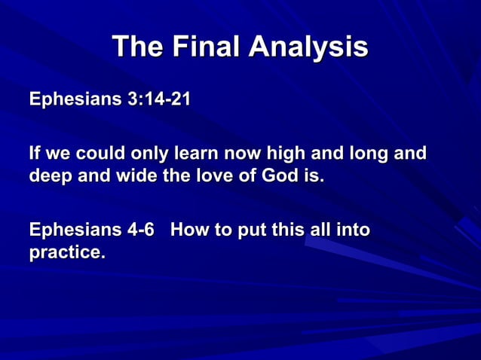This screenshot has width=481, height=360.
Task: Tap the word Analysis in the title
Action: coord(308,47)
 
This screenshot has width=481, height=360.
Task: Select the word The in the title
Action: coord(137,47)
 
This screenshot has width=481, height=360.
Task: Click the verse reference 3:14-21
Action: coord(159,99)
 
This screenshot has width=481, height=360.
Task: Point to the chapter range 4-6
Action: coord(146,229)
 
